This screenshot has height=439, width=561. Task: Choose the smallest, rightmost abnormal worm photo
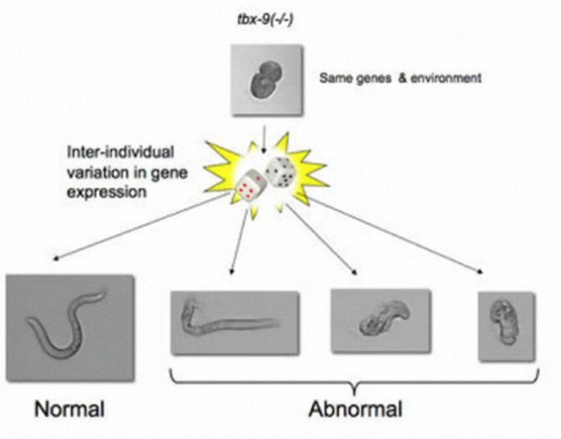(x=505, y=322)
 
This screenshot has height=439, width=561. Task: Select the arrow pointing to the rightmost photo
(x=396, y=236)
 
